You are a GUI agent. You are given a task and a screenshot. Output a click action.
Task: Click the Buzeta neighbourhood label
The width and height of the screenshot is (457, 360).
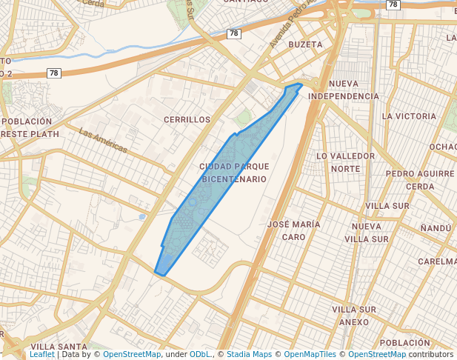tap(305, 44)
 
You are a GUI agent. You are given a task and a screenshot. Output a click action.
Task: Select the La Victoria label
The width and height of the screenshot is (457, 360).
tap(409, 116)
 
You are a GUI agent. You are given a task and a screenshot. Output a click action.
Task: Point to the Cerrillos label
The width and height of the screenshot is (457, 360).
tap(187, 119)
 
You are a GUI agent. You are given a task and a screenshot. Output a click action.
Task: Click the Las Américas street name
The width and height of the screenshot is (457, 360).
tap(103, 141)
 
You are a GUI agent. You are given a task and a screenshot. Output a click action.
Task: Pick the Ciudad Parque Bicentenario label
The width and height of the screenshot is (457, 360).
tap(234, 173)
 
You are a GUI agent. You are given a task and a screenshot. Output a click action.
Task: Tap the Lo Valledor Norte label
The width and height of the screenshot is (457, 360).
tap(345, 162)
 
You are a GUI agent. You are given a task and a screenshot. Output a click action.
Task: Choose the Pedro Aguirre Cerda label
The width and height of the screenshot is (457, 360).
tap(420, 179)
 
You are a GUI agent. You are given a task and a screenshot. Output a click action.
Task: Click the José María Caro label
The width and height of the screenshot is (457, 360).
tap(293, 230)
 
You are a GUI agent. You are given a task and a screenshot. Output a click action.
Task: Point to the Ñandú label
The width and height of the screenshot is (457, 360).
tap(436, 230)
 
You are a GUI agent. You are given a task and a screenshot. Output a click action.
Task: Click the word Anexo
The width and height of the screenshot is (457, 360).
tap(353, 322)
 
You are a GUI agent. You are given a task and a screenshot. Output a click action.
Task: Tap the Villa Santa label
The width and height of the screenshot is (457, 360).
tap(59, 347)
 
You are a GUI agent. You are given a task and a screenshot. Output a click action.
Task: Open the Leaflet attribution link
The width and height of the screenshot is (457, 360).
tap(41, 354)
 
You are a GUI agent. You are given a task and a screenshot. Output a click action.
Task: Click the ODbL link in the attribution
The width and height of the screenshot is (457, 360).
tap(201, 354)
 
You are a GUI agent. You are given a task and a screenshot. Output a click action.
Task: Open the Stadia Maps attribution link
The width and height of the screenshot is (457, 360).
tap(250, 354)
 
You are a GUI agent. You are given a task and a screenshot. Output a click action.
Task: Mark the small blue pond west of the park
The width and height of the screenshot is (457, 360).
tap(141, 217)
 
